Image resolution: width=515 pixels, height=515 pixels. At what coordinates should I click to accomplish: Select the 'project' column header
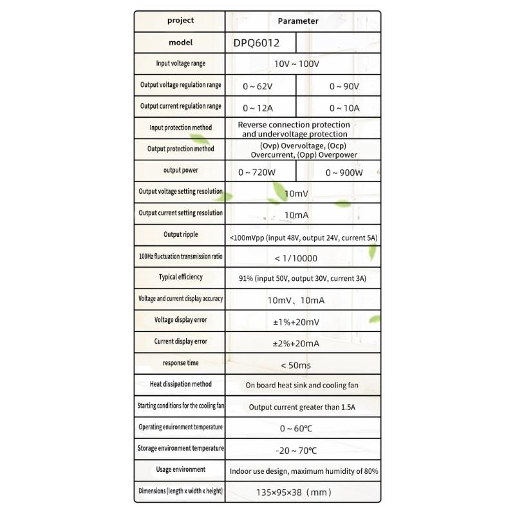tap(180, 21)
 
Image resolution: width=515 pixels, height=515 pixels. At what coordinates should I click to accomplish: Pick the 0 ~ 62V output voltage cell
tap(257, 86)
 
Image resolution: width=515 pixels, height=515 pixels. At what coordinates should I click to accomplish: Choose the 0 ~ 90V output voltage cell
tap(344, 86)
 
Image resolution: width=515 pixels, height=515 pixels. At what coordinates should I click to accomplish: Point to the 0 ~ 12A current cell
tap(257, 108)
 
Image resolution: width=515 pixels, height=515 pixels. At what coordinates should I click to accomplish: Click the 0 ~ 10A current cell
tap(344, 108)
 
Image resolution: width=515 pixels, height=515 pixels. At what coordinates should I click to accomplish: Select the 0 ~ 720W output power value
tap(257, 173)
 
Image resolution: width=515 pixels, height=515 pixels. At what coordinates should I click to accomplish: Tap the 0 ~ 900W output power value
tap(344, 173)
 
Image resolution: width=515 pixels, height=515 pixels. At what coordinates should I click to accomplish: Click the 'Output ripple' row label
tap(181, 234)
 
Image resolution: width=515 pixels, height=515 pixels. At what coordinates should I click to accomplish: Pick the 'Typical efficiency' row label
tap(181, 277)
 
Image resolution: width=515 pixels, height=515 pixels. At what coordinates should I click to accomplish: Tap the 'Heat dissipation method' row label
tap(181, 384)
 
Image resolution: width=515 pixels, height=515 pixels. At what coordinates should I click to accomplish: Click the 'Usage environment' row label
tap(181, 470)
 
